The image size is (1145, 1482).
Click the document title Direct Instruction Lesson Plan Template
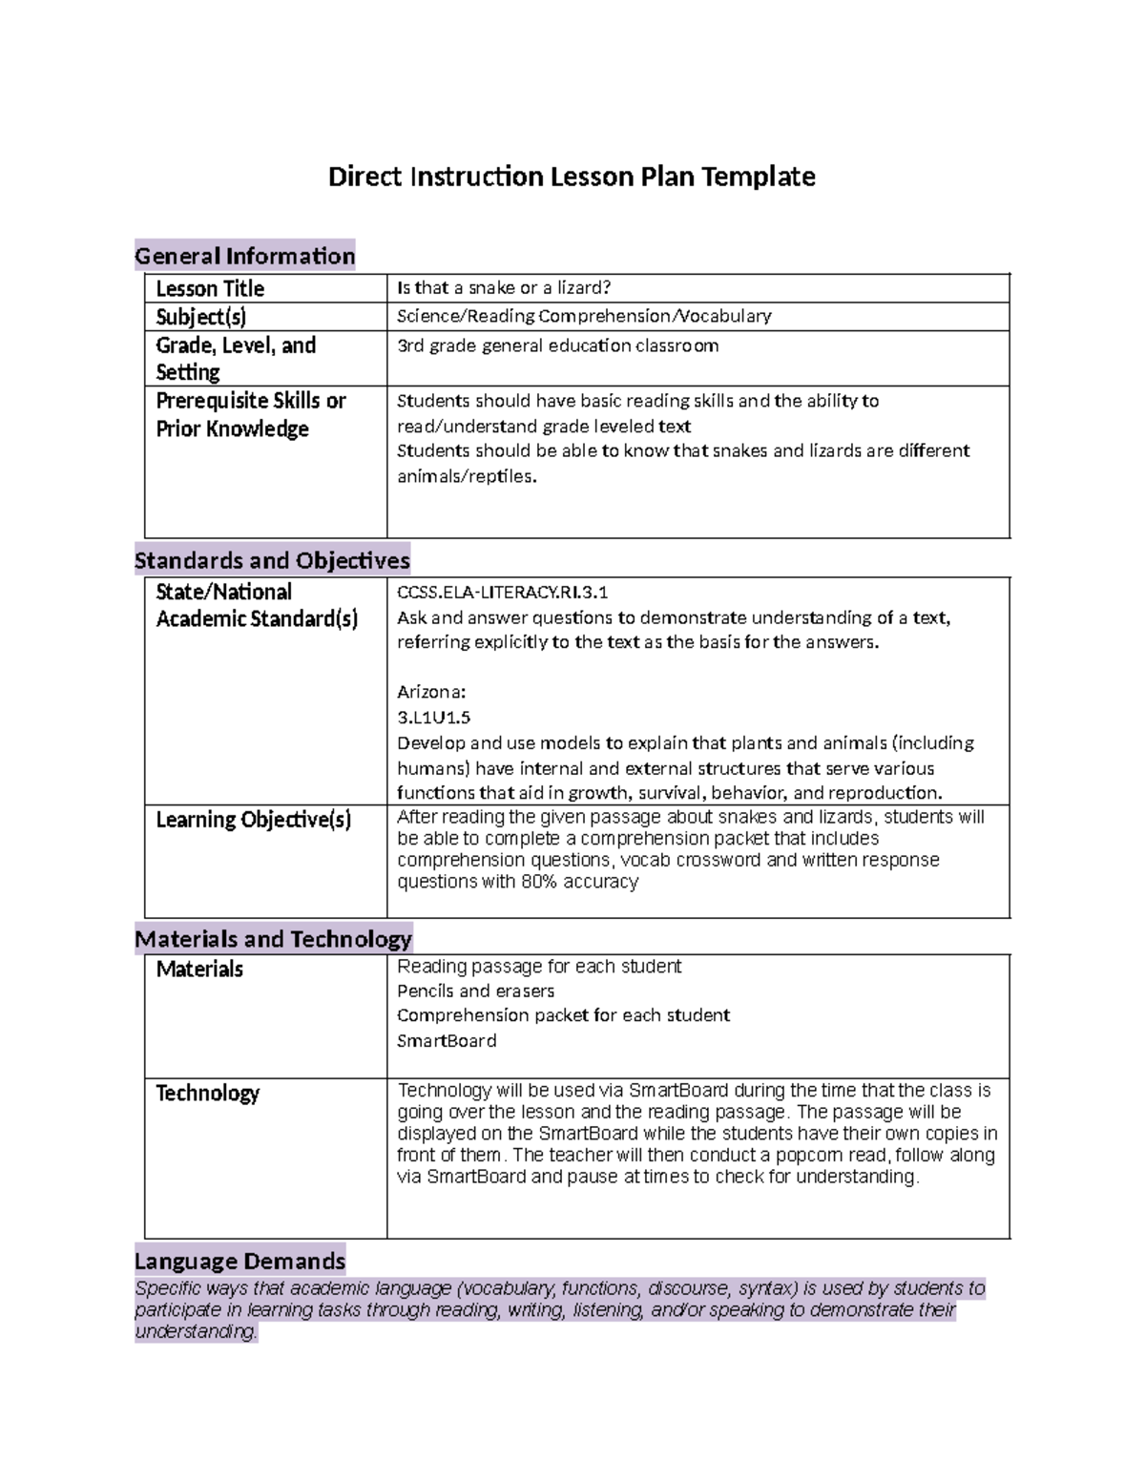tap(572, 177)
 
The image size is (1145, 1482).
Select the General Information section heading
tap(245, 256)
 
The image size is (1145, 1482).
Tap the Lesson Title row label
tap(210, 288)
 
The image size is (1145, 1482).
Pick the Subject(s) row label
tap(201, 317)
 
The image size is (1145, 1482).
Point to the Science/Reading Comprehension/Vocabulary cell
tap(584, 316)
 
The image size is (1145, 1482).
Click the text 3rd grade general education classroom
tap(557, 345)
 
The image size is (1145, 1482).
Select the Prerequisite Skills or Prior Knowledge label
tap(250, 415)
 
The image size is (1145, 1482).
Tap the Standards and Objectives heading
tap(272, 560)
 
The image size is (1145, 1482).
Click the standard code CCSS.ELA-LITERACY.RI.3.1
tap(502, 592)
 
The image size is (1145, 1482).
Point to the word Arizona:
tap(431, 692)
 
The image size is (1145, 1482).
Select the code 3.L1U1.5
tap(434, 717)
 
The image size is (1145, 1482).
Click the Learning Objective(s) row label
tap(254, 820)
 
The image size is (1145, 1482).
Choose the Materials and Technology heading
tap(273, 939)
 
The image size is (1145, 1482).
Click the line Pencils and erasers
tap(475, 991)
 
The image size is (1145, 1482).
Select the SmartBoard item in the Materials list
tap(447, 1040)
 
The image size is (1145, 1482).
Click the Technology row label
tap(208, 1094)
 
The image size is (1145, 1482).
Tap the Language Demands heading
tap(240, 1261)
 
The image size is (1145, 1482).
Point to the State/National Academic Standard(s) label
tap(257, 605)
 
